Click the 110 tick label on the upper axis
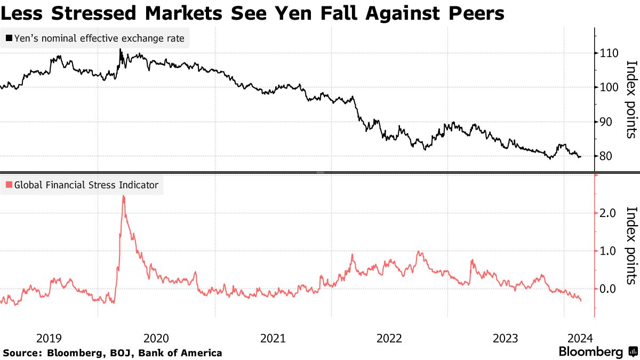tap(609, 53)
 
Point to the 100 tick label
tap(609, 87)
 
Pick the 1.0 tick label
tap(609, 251)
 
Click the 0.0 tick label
tap(609, 289)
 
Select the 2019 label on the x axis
tap(49, 338)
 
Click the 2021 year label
tap(273, 338)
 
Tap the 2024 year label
tap(579, 338)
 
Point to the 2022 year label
tap(389, 338)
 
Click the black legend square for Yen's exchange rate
tap(9, 38)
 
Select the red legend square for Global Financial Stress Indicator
tap(9, 185)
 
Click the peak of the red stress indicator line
tap(123, 196)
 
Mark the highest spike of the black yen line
tap(120, 50)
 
